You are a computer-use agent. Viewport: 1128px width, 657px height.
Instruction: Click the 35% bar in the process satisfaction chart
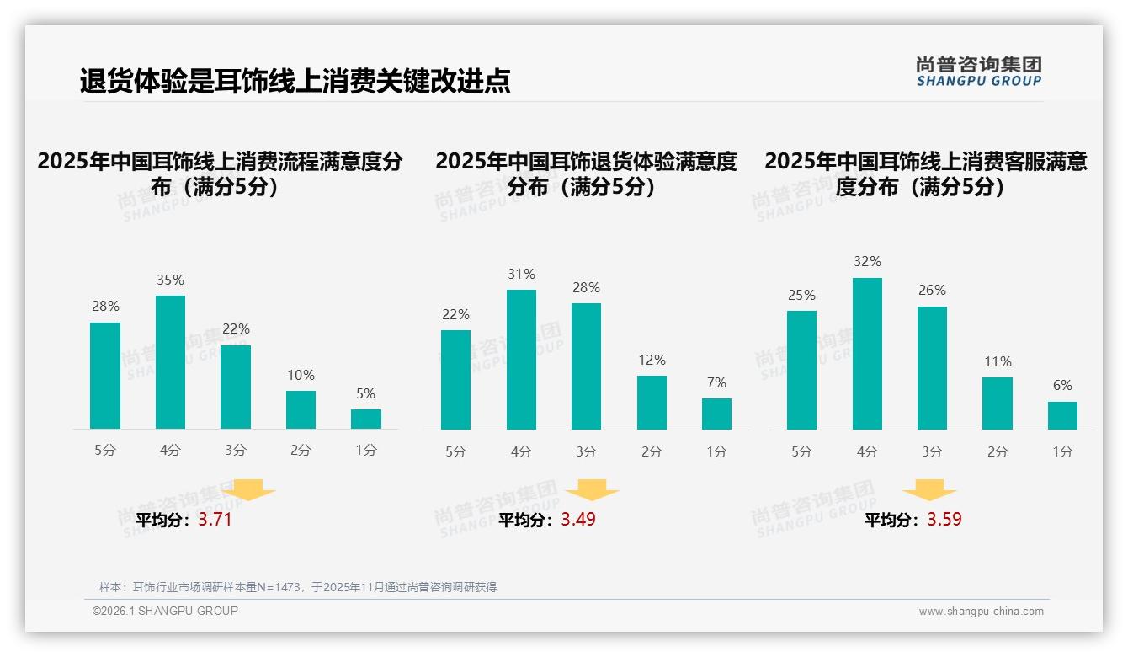coord(170,362)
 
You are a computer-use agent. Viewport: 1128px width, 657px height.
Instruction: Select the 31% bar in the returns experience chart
coord(521,360)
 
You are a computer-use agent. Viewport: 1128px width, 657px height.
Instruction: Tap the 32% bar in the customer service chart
coord(867,354)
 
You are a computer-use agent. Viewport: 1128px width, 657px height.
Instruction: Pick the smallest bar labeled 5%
coord(366,419)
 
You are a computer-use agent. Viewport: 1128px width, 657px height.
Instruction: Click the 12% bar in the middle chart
coord(652,403)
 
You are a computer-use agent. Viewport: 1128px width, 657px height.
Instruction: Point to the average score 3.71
coord(215,520)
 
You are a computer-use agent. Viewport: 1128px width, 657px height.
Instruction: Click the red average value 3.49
coord(578,520)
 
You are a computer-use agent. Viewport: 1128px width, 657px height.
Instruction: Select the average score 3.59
coord(944,520)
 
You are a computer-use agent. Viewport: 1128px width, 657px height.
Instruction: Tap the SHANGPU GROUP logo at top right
coord(978,72)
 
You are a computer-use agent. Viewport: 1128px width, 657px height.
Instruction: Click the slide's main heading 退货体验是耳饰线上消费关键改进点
coord(295,81)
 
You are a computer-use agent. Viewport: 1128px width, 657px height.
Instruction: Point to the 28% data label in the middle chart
coord(586,288)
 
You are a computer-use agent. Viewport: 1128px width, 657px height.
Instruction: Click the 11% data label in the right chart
coord(998,362)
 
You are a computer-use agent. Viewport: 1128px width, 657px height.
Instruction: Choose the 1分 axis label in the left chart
coord(366,451)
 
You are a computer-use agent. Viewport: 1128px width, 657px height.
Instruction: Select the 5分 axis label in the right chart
coord(801,452)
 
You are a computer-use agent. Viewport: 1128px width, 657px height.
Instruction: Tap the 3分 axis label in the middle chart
coord(586,452)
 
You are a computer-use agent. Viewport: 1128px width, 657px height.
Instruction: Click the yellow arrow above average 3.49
coord(592,491)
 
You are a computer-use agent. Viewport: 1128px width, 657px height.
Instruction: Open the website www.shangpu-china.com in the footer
coord(981,612)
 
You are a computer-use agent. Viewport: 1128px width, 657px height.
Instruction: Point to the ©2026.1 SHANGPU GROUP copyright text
coord(165,611)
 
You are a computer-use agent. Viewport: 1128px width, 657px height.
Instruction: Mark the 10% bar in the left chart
coord(301,410)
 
